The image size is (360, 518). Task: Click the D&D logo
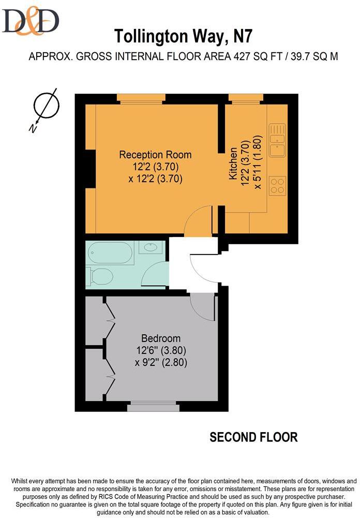click(x=31, y=20)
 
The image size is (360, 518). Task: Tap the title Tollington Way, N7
click(x=184, y=37)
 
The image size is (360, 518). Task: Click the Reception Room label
click(x=155, y=154)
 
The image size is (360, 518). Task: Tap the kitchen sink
click(x=277, y=139)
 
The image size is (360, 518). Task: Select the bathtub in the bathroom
click(x=111, y=253)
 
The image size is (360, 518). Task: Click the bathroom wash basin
click(x=151, y=247)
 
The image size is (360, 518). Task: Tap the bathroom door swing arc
click(x=156, y=275)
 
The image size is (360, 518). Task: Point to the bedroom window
click(x=153, y=407)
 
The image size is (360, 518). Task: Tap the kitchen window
click(x=246, y=98)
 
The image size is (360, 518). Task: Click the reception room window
click(x=141, y=98)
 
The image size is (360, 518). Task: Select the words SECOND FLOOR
click(x=253, y=437)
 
